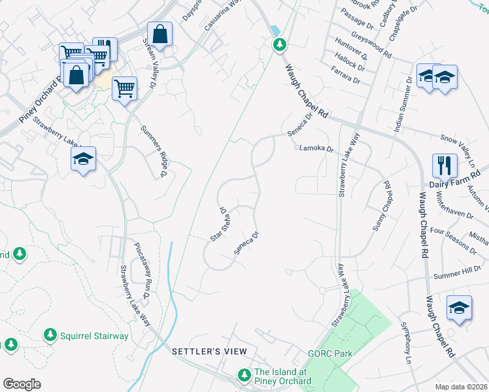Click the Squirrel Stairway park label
coord(94,336)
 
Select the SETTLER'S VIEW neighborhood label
coord(200,351)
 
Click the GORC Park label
coord(330,353)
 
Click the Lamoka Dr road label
coord(316,149)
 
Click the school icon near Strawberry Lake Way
coord(84,158)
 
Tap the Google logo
coord(22,384)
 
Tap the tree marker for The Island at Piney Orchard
coord(244,375)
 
